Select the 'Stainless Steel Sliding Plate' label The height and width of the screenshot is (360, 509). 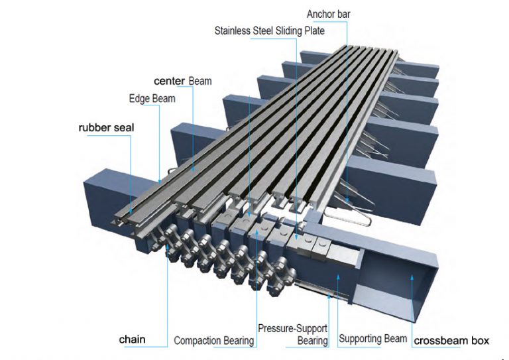[x=270, y=30]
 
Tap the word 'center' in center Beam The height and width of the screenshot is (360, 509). [x=170, y=81]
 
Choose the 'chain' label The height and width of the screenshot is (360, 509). [x=132, y=340]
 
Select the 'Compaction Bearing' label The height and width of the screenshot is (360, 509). [x=213, y=341]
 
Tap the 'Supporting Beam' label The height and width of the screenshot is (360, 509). [x=372, y=339]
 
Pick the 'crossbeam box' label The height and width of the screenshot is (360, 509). [x=451, y=341]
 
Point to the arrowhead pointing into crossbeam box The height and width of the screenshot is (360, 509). [x=413, y=276]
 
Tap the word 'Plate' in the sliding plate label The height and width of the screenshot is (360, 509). [x=314, y=30]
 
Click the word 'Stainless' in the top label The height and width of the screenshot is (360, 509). [x=233, y=30]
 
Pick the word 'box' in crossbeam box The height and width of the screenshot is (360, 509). [x=480, y=341]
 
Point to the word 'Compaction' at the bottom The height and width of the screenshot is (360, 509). [x=197, y=341]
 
